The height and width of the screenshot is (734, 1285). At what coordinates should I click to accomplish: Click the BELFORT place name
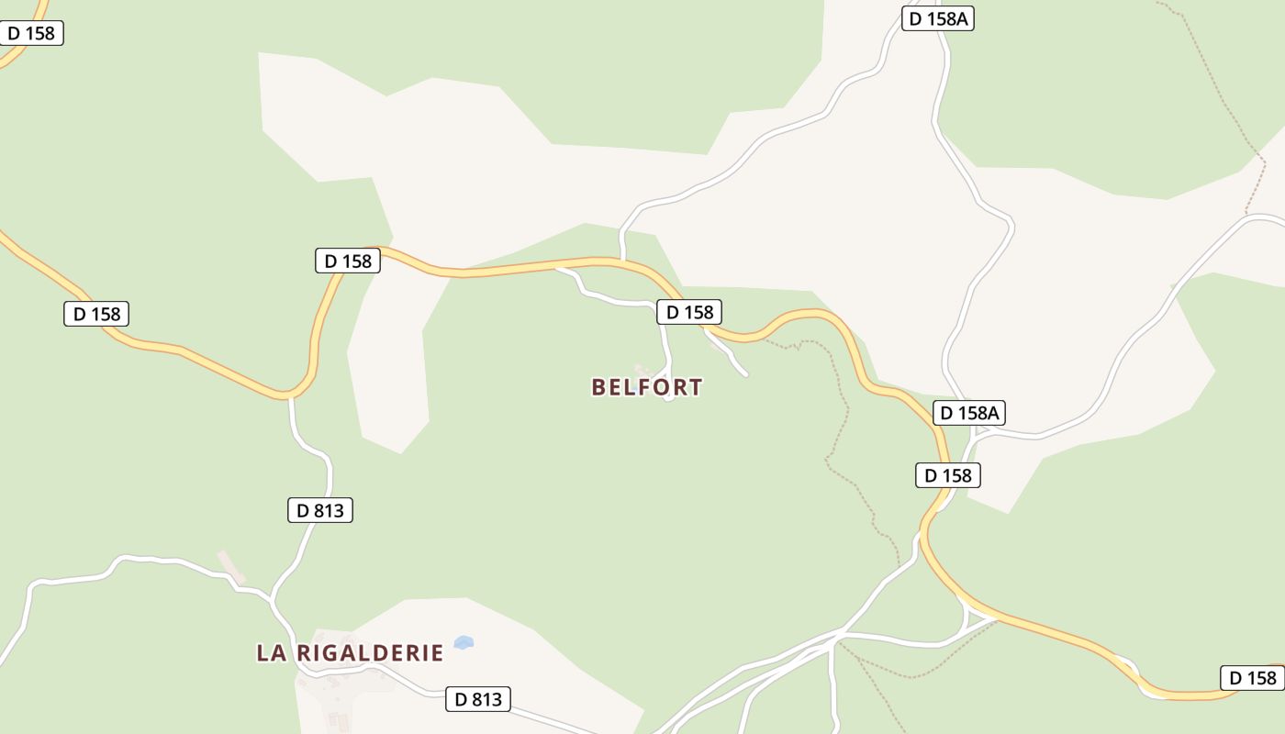[647, 387]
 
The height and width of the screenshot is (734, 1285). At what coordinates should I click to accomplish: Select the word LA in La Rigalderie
[270, 653]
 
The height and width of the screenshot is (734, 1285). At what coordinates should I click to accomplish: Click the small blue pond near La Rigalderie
[464, 642]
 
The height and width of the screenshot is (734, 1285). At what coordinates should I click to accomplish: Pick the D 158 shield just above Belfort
[689, 312]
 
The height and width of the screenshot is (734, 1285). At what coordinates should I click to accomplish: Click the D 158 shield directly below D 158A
[948, 475]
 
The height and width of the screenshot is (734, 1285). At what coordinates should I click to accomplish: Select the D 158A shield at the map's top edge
[937, 18]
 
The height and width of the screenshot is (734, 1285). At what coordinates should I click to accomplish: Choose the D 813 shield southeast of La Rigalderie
[477, 699]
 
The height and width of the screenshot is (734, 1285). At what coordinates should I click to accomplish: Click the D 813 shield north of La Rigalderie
[319, 510]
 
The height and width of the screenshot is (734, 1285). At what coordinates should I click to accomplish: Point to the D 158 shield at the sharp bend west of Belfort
[347, 261]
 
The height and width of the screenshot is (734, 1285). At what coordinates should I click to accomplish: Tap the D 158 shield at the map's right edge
[1252, 678]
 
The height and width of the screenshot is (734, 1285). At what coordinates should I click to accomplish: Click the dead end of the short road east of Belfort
[745, 374]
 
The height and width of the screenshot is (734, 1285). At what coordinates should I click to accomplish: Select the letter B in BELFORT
[599, 387]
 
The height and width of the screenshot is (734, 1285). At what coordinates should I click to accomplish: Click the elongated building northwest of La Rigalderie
[231, 566]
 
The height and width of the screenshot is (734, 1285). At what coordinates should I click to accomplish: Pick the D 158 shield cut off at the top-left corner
[30, 34]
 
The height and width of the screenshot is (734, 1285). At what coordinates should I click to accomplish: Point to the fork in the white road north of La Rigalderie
[272, 601]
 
